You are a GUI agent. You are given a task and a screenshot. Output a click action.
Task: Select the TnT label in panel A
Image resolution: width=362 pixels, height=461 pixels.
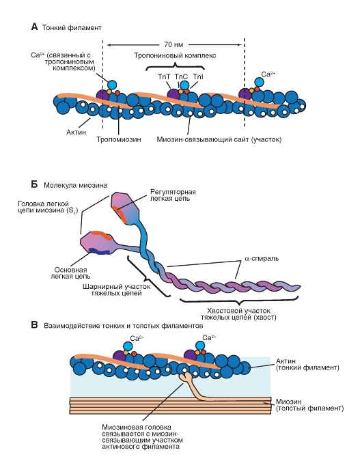point(165,77)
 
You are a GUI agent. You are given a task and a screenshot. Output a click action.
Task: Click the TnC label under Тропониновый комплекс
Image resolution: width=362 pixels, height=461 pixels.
point(181,77)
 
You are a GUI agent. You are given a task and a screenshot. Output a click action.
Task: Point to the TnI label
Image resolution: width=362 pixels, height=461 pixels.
point(197,77)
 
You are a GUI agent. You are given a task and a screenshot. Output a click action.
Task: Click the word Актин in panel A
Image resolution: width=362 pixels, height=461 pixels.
point(76,135)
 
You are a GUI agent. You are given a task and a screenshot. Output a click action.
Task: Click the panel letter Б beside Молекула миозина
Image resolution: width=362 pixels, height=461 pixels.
point(34,184)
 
